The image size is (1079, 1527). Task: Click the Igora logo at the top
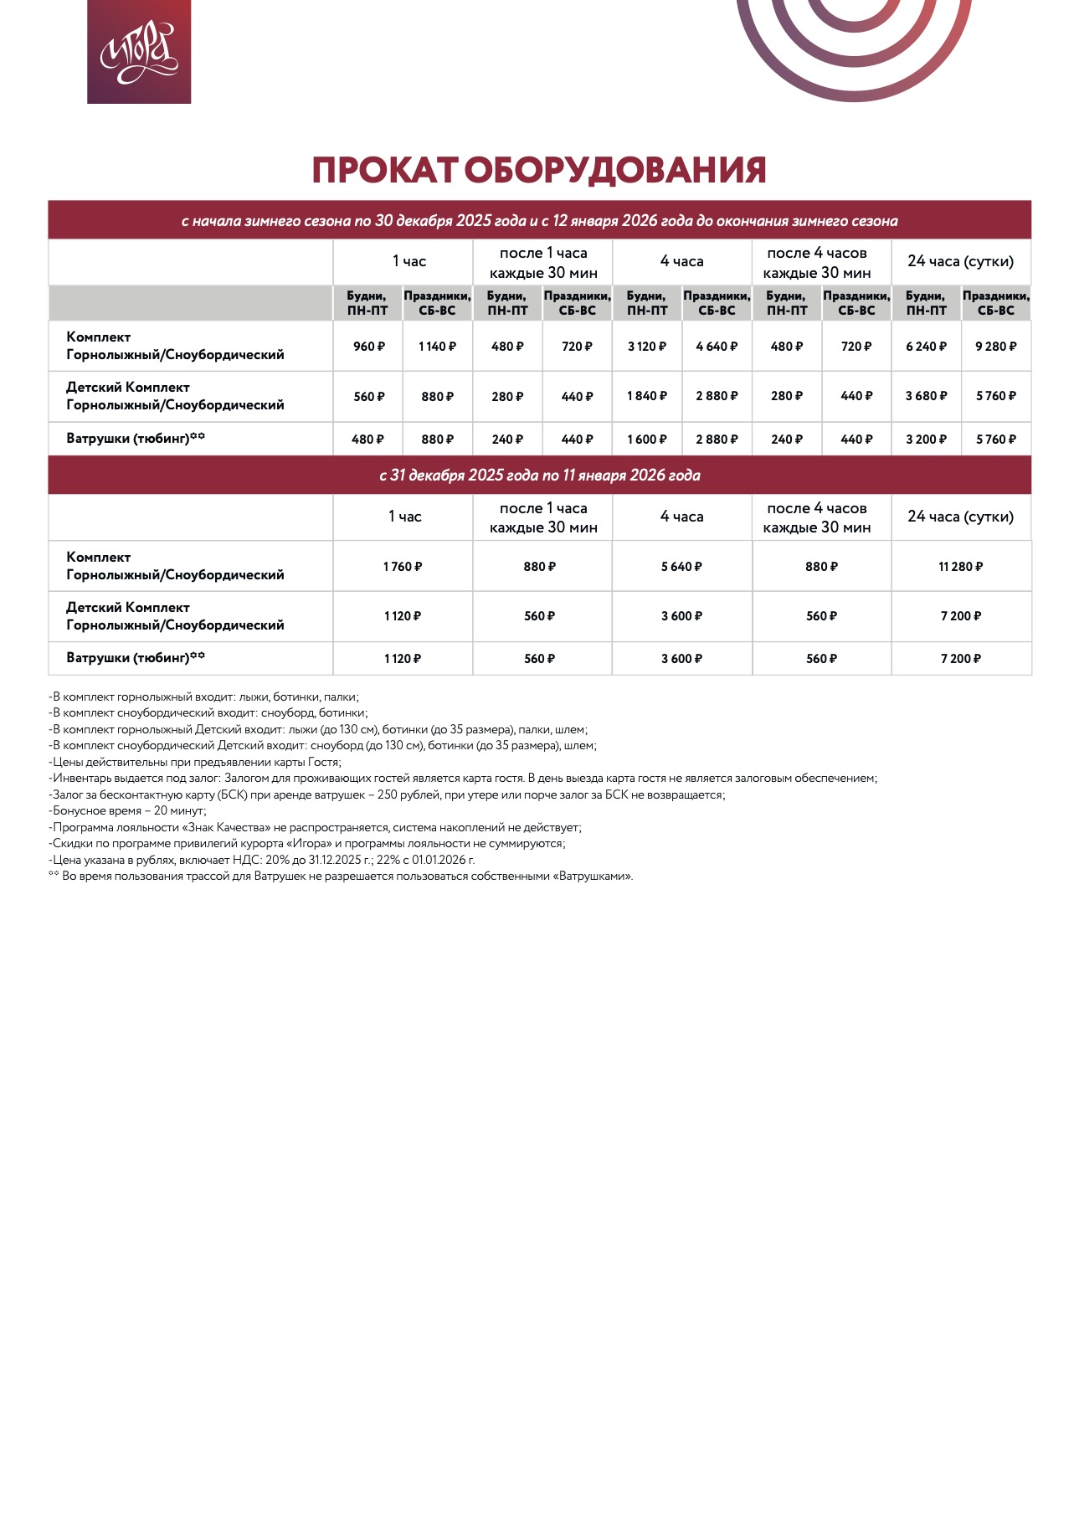tap(139, 52)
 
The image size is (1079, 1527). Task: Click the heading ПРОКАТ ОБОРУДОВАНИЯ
tap(539, 170)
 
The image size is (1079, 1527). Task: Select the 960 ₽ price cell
tap(368, 347)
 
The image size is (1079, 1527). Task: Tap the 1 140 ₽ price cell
tap(437, 347)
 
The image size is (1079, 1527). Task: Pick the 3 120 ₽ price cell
tap(647, 347)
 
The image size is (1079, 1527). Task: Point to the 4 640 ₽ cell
tap(717, 347)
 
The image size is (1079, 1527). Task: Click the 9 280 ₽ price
tap(995, 347)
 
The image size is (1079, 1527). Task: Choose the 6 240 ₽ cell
tap(926, 347)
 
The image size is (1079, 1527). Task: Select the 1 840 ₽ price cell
tap(647, 396)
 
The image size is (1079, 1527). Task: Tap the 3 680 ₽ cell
tap(926, 396)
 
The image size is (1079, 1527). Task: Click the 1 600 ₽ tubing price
tap(647, 440)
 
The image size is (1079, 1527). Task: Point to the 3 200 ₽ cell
tap(926, 440)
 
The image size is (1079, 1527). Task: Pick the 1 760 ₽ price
tap(403, 567)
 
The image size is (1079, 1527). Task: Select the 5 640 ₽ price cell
tap(681, 567)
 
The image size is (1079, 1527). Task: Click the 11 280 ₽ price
tap(960, 567)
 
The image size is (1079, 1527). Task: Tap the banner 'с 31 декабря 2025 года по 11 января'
tap(539, 476)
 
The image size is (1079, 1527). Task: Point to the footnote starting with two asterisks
tap(341, 877)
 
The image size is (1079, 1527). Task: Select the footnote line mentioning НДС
tap(261, 860)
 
